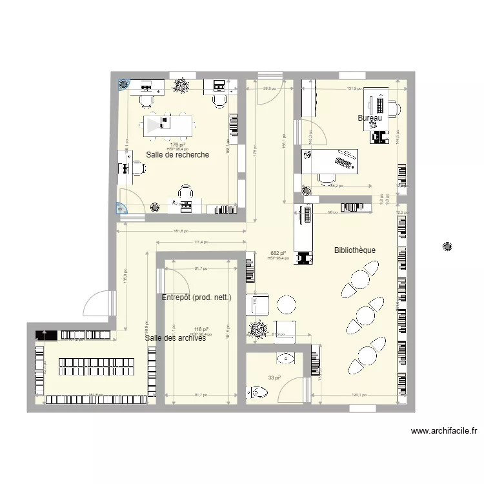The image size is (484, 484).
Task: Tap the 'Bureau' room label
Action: [370, 118]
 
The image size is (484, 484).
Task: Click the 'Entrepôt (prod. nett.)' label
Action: [196, 297]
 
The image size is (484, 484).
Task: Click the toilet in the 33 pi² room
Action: [257, 391]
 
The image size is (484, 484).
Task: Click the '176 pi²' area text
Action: [177, 145]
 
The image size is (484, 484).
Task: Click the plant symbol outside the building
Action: [446, 246]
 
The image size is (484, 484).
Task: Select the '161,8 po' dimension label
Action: [181, 231]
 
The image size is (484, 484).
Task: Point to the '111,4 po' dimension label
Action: [202, 242]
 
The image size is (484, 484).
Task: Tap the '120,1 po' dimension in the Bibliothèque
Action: [359, 396]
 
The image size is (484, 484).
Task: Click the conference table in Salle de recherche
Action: [168, 123]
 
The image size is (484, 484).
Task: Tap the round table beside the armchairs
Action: [285, 305]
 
